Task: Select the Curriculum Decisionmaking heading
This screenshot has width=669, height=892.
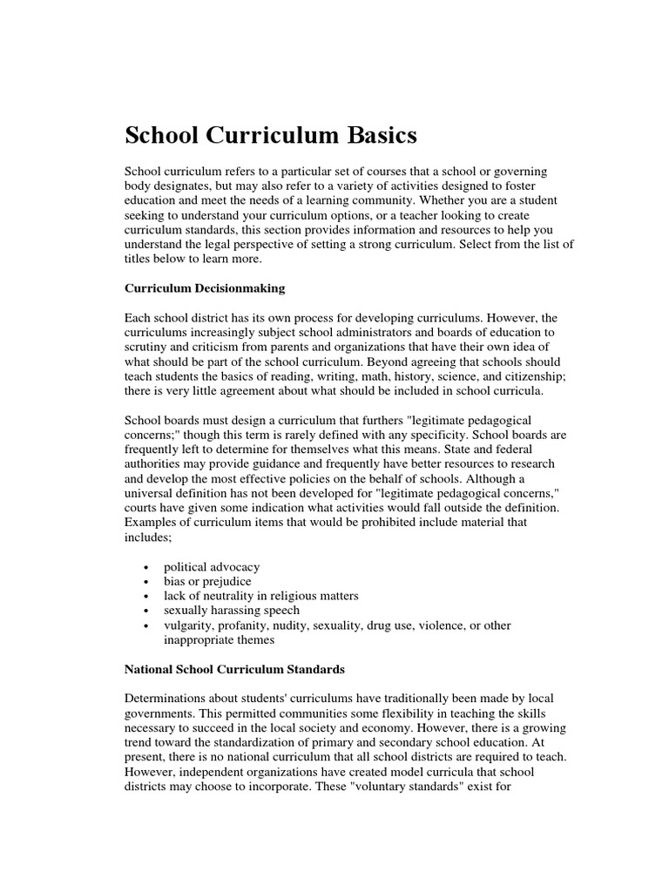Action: pos(205,287)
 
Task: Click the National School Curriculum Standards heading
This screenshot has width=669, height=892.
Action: pos(235,670)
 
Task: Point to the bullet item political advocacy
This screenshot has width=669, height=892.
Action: pos(212,567)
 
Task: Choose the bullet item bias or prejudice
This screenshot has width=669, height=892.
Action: pos(207,581)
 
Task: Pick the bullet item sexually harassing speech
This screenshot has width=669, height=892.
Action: pos(232,611)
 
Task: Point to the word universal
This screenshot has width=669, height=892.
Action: pos(150,493)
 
